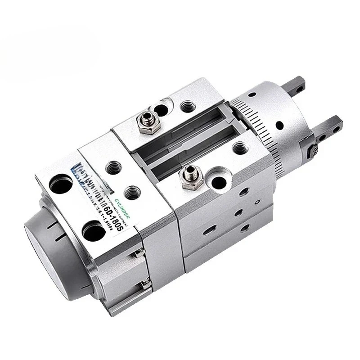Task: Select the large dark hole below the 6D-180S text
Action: pyautogui.click(x=94, y=232)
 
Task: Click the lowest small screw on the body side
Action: pyautogui.click(x=145, y=284)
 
